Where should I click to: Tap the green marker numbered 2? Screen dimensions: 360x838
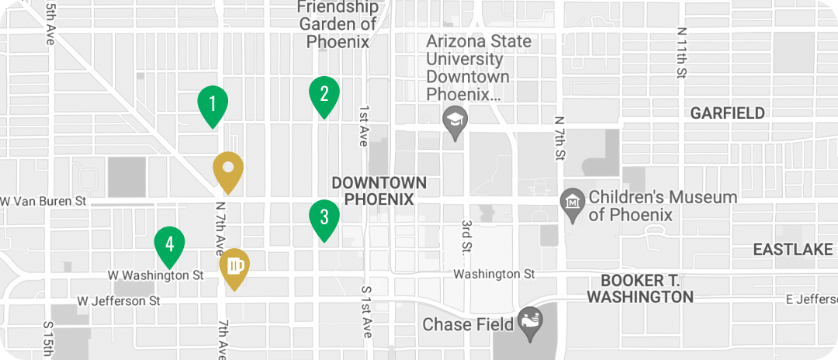click(324, 95)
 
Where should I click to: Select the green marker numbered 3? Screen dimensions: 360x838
click(324, 218)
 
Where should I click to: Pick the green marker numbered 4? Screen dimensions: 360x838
click(169, 244)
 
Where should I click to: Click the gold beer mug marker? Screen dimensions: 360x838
click(234, 266)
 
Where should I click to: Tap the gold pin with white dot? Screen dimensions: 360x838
click(228, 169)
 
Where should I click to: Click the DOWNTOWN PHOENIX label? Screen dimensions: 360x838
click(379, 191)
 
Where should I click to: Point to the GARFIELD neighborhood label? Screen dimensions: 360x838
click(727, 113)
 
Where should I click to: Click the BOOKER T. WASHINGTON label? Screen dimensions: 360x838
click(640, 289)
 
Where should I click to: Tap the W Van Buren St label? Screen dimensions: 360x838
click(43, 202)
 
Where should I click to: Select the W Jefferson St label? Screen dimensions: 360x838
click(119, 300)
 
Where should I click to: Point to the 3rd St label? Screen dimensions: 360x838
click(467, 236)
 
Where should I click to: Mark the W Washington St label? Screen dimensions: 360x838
click(155, 275)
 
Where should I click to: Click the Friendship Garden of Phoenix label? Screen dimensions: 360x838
click(338, 24)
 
